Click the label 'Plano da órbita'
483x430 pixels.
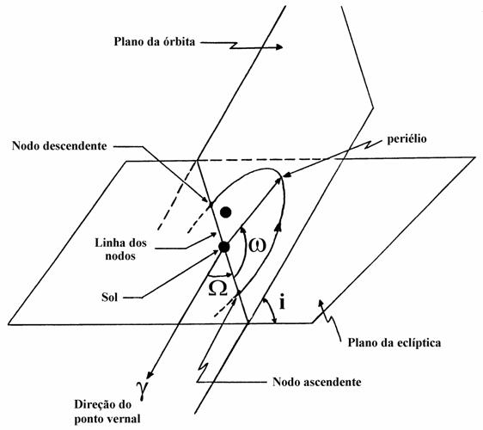click(x=155, y=41)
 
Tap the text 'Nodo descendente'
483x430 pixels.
click(x=59, y=145)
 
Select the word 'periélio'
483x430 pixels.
click(x=407, y=138)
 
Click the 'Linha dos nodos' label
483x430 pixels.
click(x=120, y=249)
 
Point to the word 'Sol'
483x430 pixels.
click(x=110, y=298)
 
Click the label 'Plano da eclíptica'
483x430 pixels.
click(x=394, y=342)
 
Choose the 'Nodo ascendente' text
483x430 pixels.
click(x=317, y=382)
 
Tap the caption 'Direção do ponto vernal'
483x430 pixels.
click(x=107, y=411)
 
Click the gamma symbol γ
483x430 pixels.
click(x=143, y=390)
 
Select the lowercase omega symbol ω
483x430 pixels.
click(x=257, y=245)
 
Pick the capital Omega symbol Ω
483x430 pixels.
click(x=217, y=288)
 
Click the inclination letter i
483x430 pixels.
click(x=282, y=302)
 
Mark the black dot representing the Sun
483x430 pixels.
click(x=224, y=247)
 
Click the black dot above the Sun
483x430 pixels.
click(x=226, y=212)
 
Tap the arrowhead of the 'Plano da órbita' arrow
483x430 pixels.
click(x=279, y=46)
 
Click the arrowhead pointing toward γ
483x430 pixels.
click(x=150, y=374)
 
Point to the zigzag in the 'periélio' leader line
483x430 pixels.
click(x=370, y=144)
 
